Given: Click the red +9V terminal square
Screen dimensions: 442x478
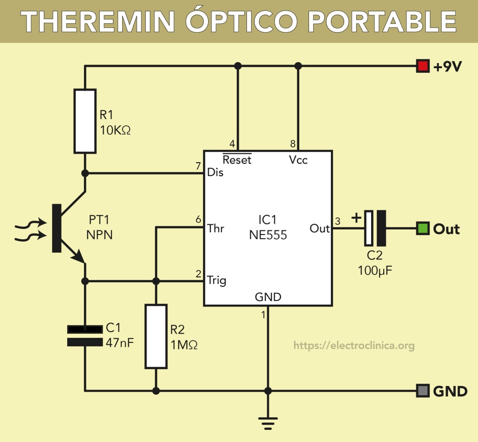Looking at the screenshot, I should click(423, 66).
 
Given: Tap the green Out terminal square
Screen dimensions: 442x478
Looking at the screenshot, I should click(423, 228).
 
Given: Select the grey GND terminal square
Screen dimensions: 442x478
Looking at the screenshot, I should click(423, 391).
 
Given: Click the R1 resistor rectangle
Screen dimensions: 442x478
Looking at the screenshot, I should click(85, 121).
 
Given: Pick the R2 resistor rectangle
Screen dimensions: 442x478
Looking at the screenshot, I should click(156, 336).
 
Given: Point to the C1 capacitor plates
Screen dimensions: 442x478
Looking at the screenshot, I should click(85, 335).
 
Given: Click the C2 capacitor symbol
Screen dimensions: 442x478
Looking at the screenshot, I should click(375, 228).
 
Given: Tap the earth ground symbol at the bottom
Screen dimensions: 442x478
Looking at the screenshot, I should click(267, 423).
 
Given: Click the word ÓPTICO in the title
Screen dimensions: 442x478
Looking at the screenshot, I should click(243, 21).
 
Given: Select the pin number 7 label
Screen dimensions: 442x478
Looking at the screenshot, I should click(198, 165).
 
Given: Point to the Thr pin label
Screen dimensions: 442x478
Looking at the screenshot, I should click(216, 228).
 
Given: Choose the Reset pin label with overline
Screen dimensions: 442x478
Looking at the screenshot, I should click(237, 160).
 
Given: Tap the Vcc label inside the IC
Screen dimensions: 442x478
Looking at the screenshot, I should click(298, 160).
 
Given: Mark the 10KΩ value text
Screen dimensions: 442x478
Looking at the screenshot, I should click(115, 130).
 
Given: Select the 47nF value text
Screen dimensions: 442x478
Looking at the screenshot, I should click(120, 342).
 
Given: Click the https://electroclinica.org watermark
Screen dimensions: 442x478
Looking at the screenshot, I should click(354, 346).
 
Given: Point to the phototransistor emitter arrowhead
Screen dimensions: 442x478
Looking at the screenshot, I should click(78, 257).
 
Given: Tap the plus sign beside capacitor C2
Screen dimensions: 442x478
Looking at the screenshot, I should click(356, 217).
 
